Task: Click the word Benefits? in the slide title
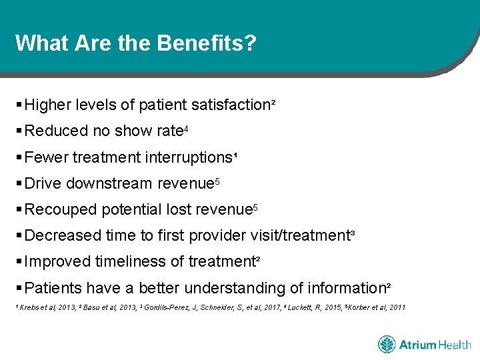pos(207,43)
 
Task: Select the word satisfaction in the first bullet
pos(231,105)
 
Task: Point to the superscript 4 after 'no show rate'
pos(186,128)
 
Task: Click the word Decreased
pos(64,235)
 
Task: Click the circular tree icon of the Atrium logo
pos(387,345)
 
